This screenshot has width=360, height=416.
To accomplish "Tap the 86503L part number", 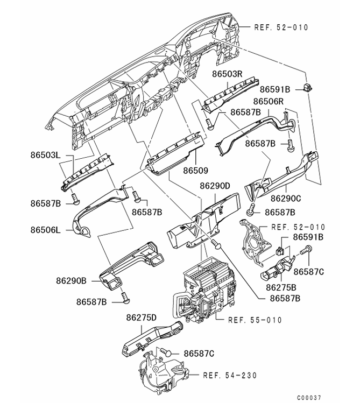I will point(45,155).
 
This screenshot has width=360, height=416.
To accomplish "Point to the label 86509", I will point(195,170).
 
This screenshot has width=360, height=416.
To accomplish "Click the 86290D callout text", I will point(215,186).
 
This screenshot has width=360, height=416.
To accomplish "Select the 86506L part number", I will point(45,229).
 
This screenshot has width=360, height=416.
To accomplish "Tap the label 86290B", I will point(70,280).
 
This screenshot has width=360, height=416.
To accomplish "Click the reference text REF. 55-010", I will point(255,320).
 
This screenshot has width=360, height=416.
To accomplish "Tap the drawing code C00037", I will point(308,398).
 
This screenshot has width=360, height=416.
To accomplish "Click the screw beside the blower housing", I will point(166,353).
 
